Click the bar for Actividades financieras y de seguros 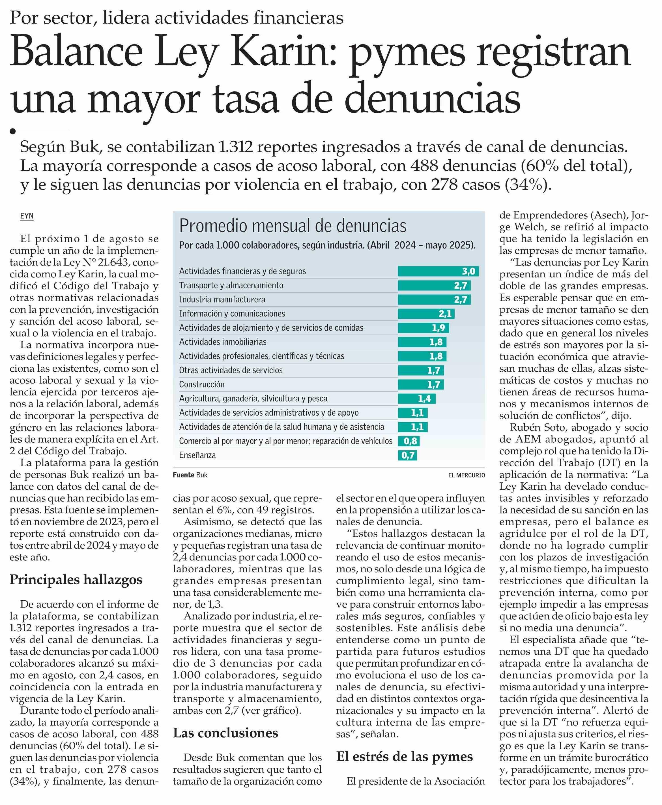coord(438,271)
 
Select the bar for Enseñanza coord(407,455)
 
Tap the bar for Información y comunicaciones coord(426,314)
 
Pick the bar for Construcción coord(421,384)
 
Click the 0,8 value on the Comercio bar coord(410,441)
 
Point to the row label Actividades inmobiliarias coord(223,342)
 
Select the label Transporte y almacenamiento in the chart coord(231,285)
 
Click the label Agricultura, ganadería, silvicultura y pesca coord(253,399)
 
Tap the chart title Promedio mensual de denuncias coord(293,226)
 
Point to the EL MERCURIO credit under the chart coord(467,475)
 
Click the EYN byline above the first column coord(27,216)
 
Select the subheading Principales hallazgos coord(76,580)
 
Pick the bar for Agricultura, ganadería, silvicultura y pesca coord(417,399)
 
